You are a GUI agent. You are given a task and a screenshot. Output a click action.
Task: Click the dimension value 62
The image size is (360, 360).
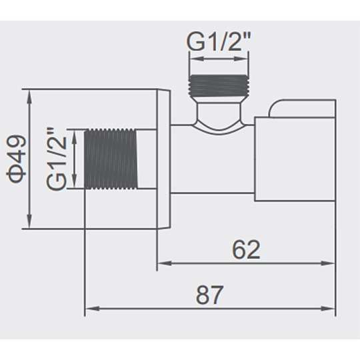(x=247, y=249)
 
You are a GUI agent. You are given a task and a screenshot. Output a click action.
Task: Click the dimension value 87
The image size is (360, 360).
(x=209, y=295)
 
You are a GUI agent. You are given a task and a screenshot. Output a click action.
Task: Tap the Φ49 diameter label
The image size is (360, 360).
(x=16, y=159)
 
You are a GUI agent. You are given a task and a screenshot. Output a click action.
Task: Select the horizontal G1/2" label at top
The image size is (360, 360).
(x=219, y=41)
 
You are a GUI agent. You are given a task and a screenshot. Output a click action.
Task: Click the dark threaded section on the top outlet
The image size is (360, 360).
(x=219, y=85)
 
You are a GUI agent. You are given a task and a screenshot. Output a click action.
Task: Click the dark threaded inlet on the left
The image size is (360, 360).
(x=111, y=159)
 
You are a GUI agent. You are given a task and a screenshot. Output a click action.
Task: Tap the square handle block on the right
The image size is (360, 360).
(x=295, y=159)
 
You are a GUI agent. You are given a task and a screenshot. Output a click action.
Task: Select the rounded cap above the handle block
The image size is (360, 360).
(x=301, y=109)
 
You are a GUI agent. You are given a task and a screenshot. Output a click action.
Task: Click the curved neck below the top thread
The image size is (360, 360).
(x=219, y=115)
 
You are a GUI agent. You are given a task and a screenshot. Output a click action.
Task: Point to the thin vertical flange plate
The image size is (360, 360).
(x=164, y=159)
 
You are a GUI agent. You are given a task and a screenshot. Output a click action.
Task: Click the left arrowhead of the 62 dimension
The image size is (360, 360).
(x=165, y=263)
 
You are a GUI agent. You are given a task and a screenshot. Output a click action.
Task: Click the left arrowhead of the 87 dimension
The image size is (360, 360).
(x=92, y=309)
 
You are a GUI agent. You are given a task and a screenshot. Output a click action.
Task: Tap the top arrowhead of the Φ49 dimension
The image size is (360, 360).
(x=29, y=96)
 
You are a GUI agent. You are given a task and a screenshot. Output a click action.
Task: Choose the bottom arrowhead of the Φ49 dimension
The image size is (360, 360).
(x=29, y=221)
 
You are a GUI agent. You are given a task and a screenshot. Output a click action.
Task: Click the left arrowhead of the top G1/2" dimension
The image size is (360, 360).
(x=196, y=59)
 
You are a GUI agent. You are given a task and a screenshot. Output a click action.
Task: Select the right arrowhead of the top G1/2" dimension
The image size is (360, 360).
(x=241, y=59)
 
